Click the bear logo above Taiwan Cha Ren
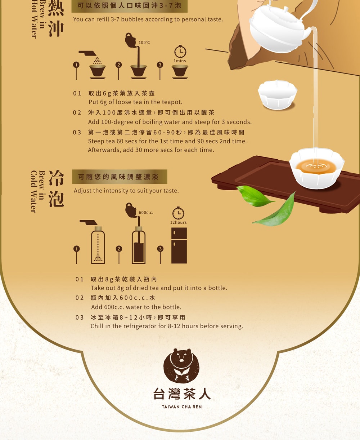[x=181, y=365]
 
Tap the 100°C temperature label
[x=144, y=43]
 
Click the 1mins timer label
[x=180, y=61]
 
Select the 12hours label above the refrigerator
[x=178, y=222]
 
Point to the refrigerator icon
[x=179, y=245]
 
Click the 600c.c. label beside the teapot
[x=146, y=213]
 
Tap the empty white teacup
[x=278, y=94]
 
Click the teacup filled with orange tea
[x=317, y=168]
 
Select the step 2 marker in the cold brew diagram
[x=119, y=249]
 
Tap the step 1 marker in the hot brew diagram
[x=76, y=65]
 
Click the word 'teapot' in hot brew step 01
[x=172, y=102]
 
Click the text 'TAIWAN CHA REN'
[x=182, y=406]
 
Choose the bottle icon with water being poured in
[x=139, y=245]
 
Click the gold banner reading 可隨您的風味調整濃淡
[x=120, y=177]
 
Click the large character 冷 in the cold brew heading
[x=56, y=178]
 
